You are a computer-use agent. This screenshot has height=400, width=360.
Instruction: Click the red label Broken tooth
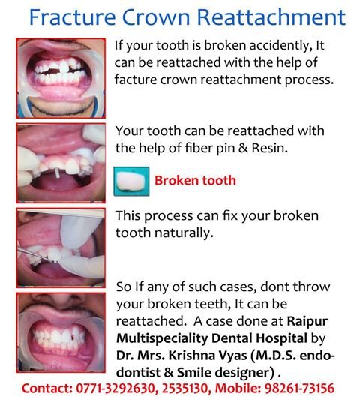pyautogui.click(x=195, y=180)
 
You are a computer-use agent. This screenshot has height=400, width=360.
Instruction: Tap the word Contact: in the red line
pyautogui.click(x=46, y=389)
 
